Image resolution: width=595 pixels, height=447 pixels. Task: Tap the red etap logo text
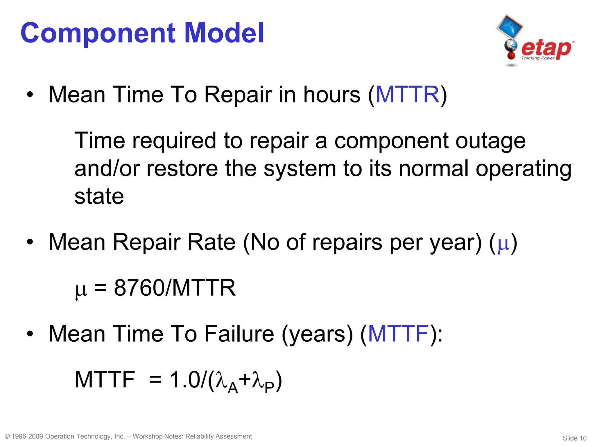pos(546,48)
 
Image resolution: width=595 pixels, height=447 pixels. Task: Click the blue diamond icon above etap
pos(510,27)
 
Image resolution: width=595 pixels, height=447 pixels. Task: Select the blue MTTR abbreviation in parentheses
pos(407,95)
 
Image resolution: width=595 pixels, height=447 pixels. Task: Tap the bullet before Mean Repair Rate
pos(30,242)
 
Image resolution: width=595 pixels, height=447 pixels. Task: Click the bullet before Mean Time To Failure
pos(30,334)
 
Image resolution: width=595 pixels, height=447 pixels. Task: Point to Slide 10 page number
pos(574,438)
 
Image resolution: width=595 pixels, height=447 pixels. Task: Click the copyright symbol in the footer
pos(8,437)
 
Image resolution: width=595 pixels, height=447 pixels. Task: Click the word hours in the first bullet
pos(331,95)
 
